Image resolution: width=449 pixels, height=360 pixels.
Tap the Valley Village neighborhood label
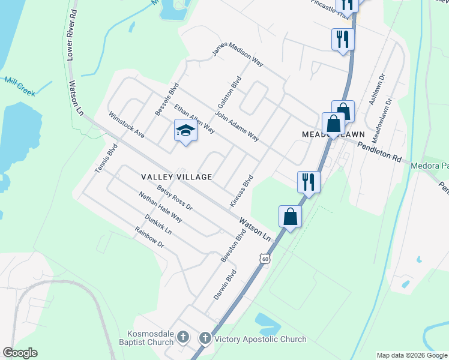[176, 177]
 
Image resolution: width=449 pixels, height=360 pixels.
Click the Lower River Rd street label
[71, 35]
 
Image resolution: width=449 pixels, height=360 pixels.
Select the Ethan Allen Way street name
[194, 118]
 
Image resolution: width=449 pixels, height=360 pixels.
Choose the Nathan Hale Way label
[160, 207]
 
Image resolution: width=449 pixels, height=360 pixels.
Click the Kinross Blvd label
[242, 191]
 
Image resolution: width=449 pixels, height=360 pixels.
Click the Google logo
[20, 353]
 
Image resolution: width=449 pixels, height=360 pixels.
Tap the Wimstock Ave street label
[126, 124]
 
